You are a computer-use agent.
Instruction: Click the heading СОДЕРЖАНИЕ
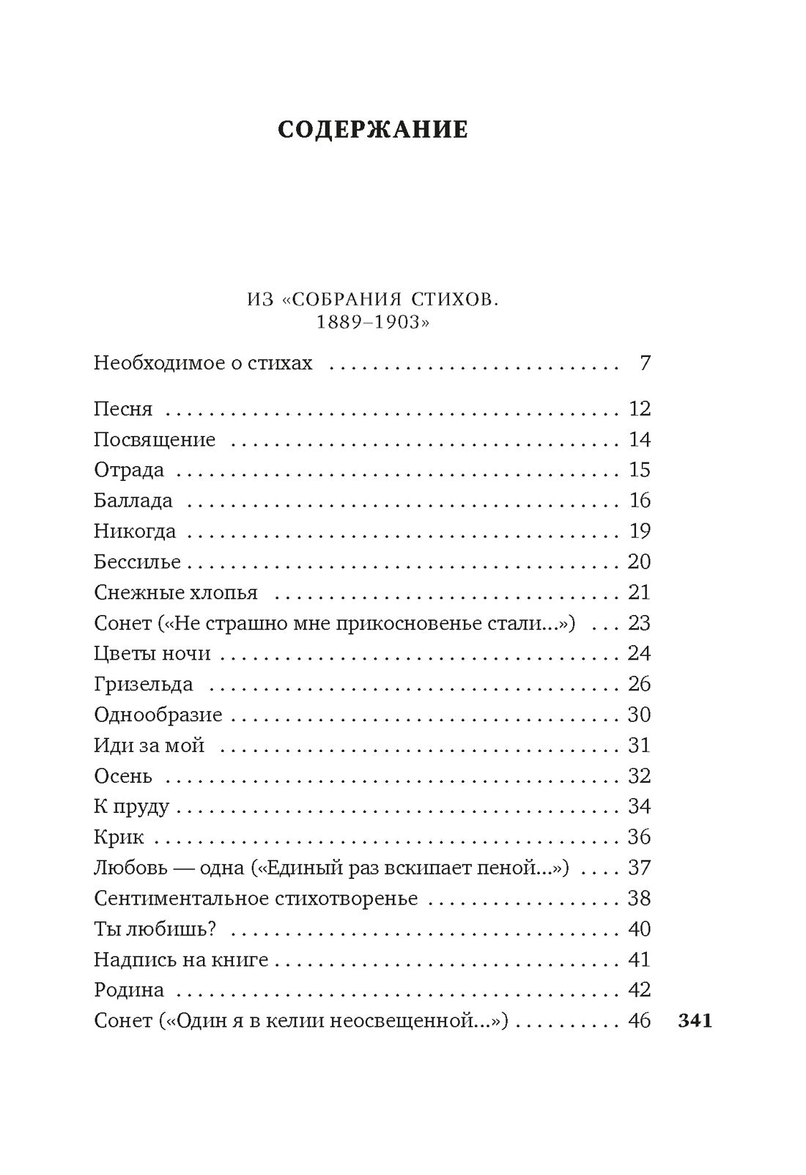point(373,130)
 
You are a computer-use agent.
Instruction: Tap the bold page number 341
point(695,1021)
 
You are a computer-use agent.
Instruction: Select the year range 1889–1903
point(372,323)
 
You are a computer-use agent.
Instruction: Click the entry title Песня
point(123,409)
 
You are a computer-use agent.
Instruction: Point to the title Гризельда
point(144,685)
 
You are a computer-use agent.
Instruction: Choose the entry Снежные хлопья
point(176,592)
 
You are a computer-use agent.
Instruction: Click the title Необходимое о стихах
point(203,364)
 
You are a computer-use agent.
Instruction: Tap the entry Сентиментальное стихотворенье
point(256,899)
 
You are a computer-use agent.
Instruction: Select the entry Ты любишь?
point(155,929)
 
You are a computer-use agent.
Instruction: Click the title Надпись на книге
point(181,960)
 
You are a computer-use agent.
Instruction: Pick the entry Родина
point(129,991)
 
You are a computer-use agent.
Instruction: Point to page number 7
point(645,364)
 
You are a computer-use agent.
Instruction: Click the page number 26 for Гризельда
point(639,685)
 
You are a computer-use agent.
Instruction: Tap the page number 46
point(639,1021)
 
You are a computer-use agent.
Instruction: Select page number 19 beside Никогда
point(639,531)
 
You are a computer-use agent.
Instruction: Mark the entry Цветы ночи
point(152,654)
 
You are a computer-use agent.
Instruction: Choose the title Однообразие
point(158,715)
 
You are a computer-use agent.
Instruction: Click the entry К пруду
point(131,807)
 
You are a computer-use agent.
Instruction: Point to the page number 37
point(639,869)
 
